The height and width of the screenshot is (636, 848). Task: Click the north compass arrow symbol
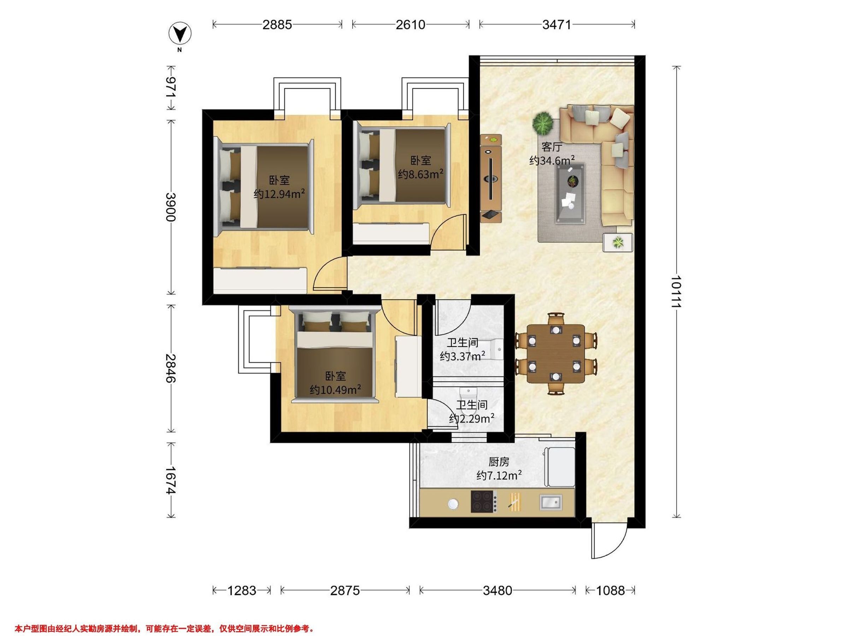[x=180, y=34]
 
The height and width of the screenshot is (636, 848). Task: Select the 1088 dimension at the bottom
[x=610, y=590]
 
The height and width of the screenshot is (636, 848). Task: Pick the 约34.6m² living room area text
[x=552, y=160]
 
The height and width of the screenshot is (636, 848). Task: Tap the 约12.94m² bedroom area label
[x=279, y=194]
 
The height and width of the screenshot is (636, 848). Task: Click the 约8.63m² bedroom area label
[x=420, y=175]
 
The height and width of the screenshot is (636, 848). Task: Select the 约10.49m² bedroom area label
[x=335, y=390]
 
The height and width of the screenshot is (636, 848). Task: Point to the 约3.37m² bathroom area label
[x=462, y=357]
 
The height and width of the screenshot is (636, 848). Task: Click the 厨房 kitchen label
[x=499, y=462]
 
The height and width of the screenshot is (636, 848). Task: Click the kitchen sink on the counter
[x=551, y=502]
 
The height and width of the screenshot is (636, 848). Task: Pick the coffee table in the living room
[x=570, y=194]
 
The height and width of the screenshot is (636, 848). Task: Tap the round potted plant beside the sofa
[x=543, y=123]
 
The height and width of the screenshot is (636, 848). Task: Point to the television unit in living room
[x=491, y=178]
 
